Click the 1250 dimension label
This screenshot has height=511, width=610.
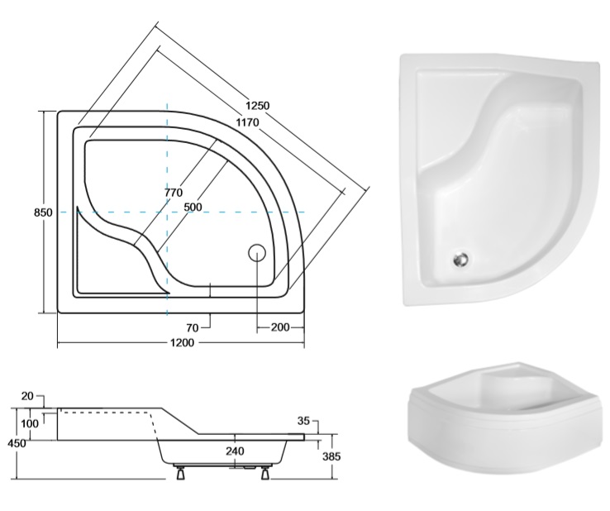pyautogui.click(x=257, y=106)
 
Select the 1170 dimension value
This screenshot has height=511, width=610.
pyautogui.click(x=247, y=122)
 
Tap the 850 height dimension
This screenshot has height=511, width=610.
pyautogui.click(x=43, y=213)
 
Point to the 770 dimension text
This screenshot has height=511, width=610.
pyautogui.click(x=173, y=193)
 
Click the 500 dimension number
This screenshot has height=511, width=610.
pyautogui.click(x=193, y=207)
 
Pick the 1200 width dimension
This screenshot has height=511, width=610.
pyautogui.click(x=182, y=343)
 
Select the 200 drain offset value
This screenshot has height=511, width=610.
pyautogui.click(x=280, y=327)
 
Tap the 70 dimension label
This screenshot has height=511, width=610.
pyautogui.click(x=193, y=328)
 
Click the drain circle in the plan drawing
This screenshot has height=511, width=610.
pyautogui.click(x=257, y=252)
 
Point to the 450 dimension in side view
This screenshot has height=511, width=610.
pyautogui.click(x=17, y=443)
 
